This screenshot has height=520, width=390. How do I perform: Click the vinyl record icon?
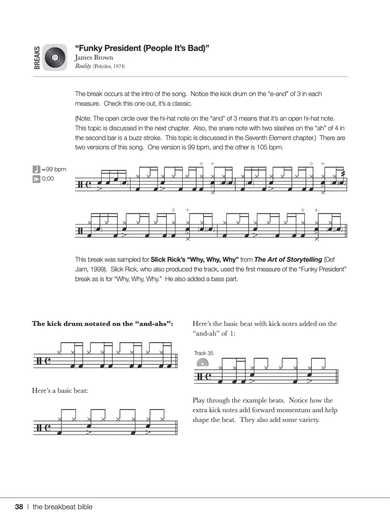click(55, 58)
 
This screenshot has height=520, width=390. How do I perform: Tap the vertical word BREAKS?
click(37, 58)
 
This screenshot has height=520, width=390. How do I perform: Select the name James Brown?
click(94, 58)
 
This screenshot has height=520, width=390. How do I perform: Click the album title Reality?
click(83, 66)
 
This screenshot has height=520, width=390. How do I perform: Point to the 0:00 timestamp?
click(48, 179)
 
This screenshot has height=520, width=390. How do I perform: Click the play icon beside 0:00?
click(36, 179)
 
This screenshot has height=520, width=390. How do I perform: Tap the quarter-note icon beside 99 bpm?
click(36, 169)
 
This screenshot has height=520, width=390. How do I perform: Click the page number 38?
click(19, 507)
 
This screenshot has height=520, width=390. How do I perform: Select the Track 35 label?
click(203, 353)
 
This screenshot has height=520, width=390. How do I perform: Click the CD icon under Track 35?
click(202, 363)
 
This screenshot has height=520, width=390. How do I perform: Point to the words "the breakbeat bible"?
click(62, 507)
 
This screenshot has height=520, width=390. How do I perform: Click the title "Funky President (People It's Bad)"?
click(142, 48)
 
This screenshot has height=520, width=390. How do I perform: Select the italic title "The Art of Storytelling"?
click(288, 260)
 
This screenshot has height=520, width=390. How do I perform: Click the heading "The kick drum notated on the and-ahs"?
click(103, 324)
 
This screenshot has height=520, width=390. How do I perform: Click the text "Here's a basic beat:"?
click(60, 391)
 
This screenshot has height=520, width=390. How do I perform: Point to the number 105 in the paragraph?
click(262, 147)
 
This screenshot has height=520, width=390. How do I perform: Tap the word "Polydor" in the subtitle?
click(103, 66)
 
